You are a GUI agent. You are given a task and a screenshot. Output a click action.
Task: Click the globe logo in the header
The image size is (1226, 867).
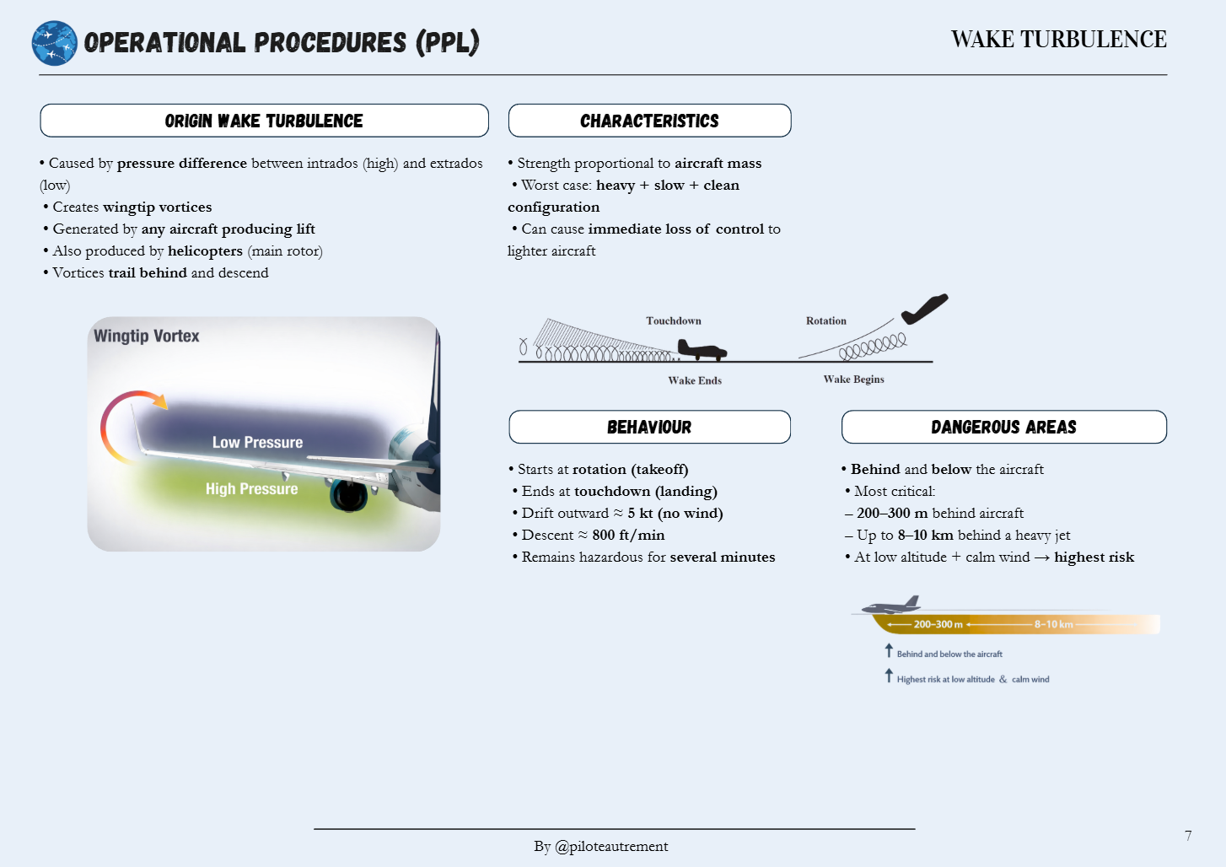click(55, 43)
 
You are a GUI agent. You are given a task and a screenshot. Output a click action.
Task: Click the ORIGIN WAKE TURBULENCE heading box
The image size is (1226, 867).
click(264, 121)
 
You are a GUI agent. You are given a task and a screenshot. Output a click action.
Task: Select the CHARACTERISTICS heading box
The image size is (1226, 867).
click(649, 121)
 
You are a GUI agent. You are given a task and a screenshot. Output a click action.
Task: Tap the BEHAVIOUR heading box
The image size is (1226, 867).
click(649, 427)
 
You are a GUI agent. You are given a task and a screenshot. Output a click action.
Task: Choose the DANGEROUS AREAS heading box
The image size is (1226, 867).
click(1003, 427)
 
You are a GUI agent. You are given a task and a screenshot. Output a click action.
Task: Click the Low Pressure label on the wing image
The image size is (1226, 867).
click(257, 443)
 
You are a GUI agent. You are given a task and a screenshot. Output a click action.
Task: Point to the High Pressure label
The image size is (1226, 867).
click(251, 489)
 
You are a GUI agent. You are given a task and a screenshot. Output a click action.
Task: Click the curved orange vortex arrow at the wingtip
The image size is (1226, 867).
click(126, 417)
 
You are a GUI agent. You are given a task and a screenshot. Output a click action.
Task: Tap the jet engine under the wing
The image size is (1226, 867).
click(348, 495)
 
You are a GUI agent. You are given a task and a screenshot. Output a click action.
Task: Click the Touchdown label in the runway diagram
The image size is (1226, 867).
click(673, 321)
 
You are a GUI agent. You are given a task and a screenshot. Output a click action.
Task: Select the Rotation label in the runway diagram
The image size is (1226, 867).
click(825, 321)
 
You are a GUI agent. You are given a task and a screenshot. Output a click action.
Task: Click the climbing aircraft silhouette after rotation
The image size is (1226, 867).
click(924, 309)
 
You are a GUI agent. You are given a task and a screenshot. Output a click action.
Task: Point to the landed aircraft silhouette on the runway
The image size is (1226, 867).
click(701, 349)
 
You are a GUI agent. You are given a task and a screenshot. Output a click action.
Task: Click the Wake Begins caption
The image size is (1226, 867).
click(853, 380)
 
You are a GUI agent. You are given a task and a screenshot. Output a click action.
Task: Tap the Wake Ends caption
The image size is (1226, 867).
click(694, 380)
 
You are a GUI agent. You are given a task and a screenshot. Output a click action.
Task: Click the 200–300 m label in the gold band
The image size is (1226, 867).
click(938, 625)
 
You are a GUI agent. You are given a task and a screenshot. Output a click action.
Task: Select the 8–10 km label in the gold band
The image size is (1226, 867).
click(1053, 625)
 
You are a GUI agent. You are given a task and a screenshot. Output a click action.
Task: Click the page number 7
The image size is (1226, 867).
click(1188, 836)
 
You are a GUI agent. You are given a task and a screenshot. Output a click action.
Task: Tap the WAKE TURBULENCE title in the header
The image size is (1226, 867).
click(1058, 40)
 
